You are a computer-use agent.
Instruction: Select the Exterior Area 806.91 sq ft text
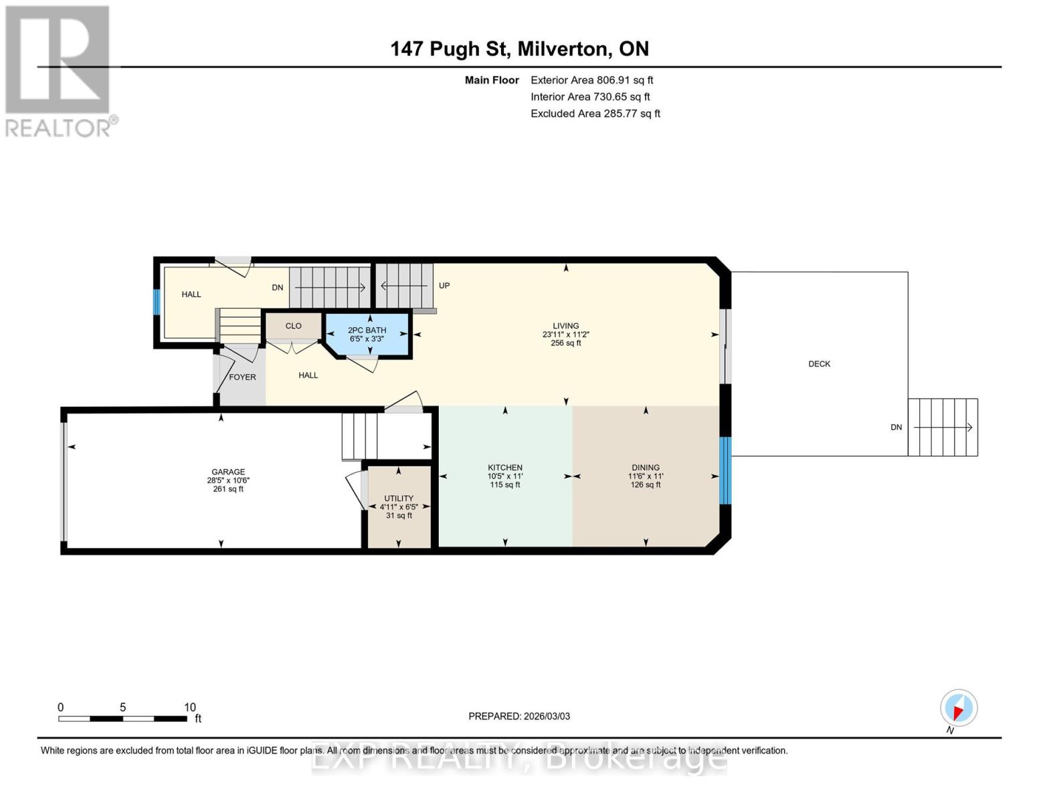click(591, 80)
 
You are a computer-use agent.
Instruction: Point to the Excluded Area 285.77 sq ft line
click(595, 114)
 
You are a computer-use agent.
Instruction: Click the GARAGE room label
click(228, 472)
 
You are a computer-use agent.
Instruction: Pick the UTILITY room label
click(399, 499)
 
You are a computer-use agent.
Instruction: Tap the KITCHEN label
click(505, 467)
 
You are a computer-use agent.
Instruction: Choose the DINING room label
click(646, 467)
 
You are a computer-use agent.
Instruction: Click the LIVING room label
click(565, 326)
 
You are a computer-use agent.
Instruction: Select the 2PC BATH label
click(367, 330)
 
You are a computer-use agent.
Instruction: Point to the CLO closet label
click(293, 326)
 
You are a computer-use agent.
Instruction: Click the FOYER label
click(242, 377)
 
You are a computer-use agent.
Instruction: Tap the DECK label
click(819, 364)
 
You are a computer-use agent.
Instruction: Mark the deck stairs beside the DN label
click(943, 427)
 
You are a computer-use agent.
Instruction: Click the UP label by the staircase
click(444, 286)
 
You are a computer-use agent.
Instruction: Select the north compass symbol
click(958, 708)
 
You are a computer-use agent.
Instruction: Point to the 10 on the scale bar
click(190, 707)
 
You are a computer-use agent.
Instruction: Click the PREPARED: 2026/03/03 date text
click(519, 716)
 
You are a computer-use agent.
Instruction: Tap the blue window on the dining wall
click(725, 470)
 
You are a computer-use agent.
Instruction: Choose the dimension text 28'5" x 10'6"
click(228, 480)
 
